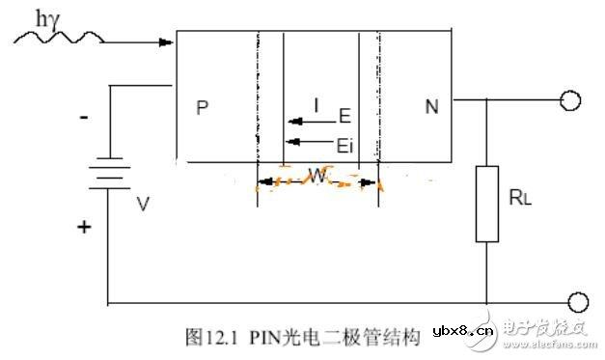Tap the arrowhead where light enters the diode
pyautogui.click(x=169, y=42)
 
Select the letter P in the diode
pyautogui.click(x=202, y=107)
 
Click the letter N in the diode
pyautogui.click(x=430, y=107)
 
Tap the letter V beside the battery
pyautogui.click(x=143, y=205)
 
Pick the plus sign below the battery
pyautogui.click(x=84, y=228)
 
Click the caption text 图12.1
pyautogui.click(x=206, y=337)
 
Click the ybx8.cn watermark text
pyautogui.click(x=463, y=335)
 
